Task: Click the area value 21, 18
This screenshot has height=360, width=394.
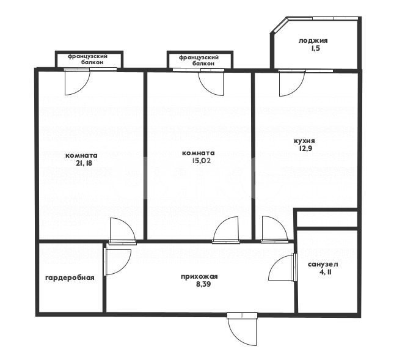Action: pos(84,163)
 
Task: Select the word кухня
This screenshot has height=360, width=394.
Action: pos(304,141)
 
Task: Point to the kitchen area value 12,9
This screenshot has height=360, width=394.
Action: pos(305,148)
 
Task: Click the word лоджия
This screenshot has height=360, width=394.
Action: pos(313,40)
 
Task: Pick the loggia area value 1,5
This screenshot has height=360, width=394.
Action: pos(315,48)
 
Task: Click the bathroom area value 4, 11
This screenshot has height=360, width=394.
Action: pos(326,272)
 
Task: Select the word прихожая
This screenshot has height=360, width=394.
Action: pos(199,277)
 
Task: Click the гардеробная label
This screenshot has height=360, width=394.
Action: pos(70,278)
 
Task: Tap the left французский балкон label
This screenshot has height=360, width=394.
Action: pos(87,59)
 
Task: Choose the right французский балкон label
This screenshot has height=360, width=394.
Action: pos(199,61)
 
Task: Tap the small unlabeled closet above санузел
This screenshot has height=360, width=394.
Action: pos(327,219)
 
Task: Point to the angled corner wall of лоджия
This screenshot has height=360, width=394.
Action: pos(279,25)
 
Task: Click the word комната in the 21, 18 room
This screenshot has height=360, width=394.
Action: pos(81,156)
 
